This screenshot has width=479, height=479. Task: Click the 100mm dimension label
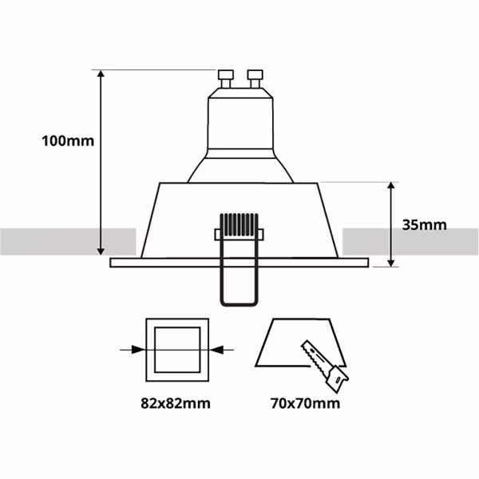[x=68, y=141]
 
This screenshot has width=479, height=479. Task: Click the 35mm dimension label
[x=423, y=224]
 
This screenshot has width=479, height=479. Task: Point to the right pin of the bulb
[x=255, y=78]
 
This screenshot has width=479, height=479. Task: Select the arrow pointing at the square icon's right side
[x=223, y=349]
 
